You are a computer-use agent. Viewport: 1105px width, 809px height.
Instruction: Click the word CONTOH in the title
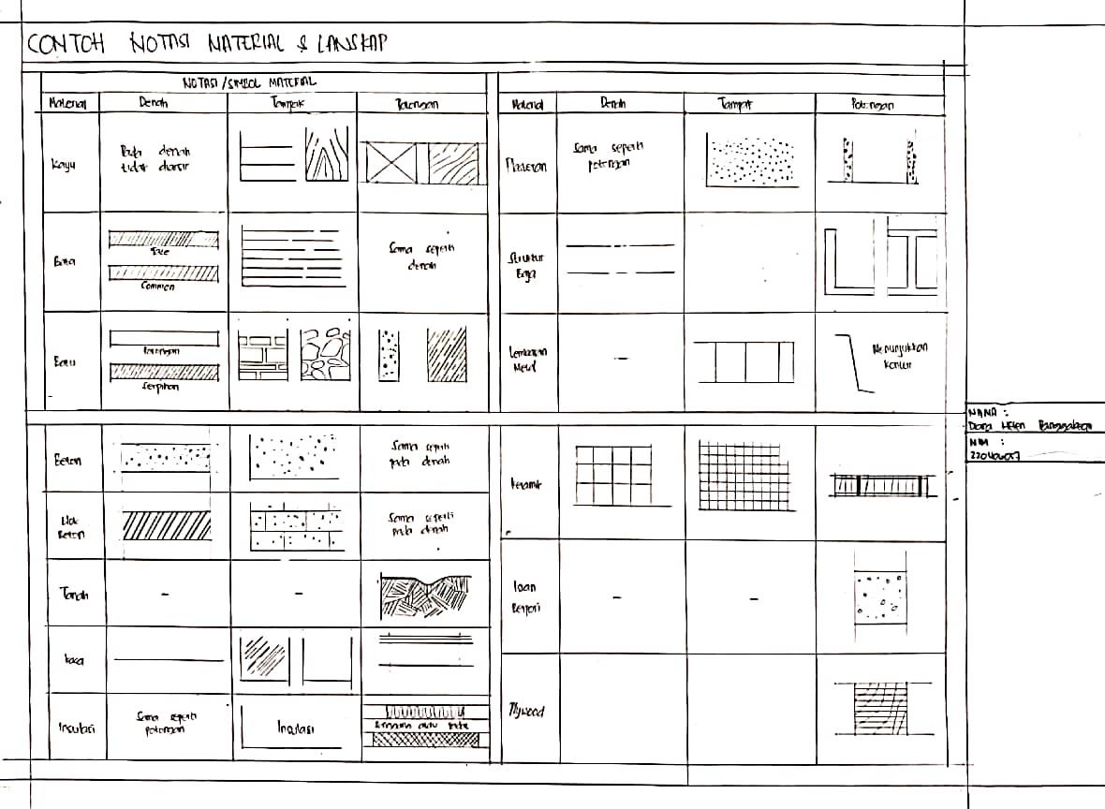tap(66, 43)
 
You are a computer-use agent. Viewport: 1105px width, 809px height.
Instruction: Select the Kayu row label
tap(64, 166)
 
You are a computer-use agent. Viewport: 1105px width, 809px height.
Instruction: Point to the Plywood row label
tap(526, 711)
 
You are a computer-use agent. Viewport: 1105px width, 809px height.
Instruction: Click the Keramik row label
tap(527, 485)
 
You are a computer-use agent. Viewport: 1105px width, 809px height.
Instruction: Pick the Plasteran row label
tap(526, 166)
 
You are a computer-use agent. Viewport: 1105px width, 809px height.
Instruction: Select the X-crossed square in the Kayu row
tap(391, 163)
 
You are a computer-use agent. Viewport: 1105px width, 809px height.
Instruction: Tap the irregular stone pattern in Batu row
tap(326, 355)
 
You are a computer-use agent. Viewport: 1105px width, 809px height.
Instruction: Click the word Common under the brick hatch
tap(158, 287)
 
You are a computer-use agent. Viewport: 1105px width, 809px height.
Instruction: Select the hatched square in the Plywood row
tap(878, 711)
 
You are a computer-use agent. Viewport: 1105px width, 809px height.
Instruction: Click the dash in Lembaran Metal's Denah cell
tap(622, 359)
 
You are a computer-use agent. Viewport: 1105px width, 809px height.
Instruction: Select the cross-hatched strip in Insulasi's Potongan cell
tap(423, 740)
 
